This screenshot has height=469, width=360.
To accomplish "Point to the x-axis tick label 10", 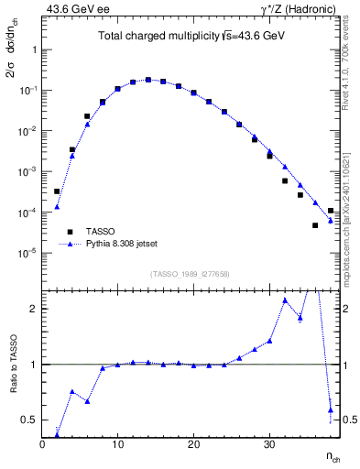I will pos(117,445).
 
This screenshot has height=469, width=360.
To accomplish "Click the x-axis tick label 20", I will pos(193,445).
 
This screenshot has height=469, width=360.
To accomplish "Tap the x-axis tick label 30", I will pos(268,445).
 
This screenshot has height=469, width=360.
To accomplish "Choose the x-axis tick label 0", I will pos(42,445).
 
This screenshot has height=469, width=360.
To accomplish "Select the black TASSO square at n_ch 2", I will pos(57,191).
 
